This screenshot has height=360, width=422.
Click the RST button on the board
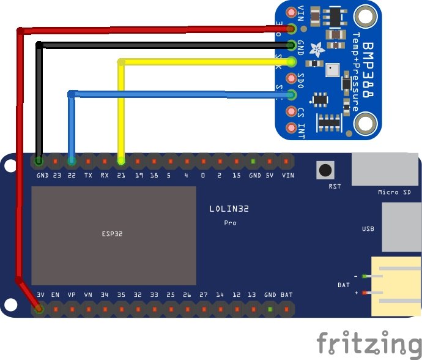click(x=324, y=170)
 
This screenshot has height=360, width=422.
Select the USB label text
click(x=368, y=229)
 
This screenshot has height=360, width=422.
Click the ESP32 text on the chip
click(x=113, y=234)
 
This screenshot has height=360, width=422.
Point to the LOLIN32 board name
click(x=229, y=209)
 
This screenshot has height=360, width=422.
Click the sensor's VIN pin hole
click(x=291, y=12)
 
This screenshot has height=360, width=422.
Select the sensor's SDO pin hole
click(x=291, y=78)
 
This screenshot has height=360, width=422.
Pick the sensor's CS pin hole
click(x=291, y=111)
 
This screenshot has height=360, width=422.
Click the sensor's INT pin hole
click(x=291, y=128)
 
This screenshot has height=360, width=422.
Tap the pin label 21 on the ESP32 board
click(x=121, y=175)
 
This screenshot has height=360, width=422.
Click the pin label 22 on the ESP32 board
click(x=72, y=175)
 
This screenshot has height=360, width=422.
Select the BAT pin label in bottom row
click(x=287, y=295)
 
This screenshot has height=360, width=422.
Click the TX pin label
click(x=89, y=175)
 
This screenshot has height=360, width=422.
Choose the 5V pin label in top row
click(x=270, y=175)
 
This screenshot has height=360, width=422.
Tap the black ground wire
click(x=153, y=45)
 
